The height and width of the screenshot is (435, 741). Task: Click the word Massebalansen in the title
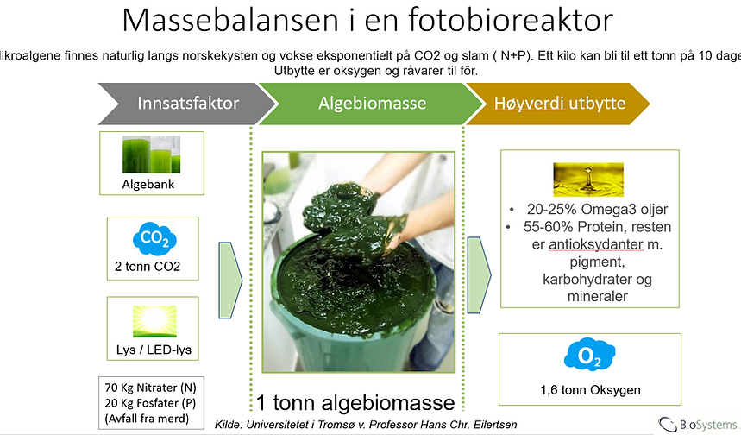[230, 21]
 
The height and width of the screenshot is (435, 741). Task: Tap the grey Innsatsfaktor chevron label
[188, 104]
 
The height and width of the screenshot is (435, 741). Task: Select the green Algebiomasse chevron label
[372, 104]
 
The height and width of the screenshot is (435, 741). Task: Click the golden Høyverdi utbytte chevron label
[560, 104]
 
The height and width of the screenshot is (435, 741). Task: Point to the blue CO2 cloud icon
[154, 238]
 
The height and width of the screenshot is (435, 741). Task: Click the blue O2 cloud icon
[589, 355]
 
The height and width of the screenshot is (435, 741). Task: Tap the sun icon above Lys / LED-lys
[154, 321]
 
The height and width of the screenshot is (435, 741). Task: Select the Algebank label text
[148, 185]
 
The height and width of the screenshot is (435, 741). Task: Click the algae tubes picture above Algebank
[151, 154]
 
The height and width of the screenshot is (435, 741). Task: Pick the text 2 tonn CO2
[148, 267]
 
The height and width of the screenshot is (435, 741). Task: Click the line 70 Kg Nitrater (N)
[150, 388]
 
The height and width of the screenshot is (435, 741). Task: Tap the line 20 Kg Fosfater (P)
[150, 403]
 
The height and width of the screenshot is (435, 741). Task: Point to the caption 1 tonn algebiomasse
[355, 403]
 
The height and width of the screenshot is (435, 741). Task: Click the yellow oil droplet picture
[588, 180]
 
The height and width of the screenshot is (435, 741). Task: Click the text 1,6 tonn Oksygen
[590, 390]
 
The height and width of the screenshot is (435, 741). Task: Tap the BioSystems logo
[698, 424]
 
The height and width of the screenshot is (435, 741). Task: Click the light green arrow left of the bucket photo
[230, 280]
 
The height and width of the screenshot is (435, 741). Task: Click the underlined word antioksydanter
[596, 244]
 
